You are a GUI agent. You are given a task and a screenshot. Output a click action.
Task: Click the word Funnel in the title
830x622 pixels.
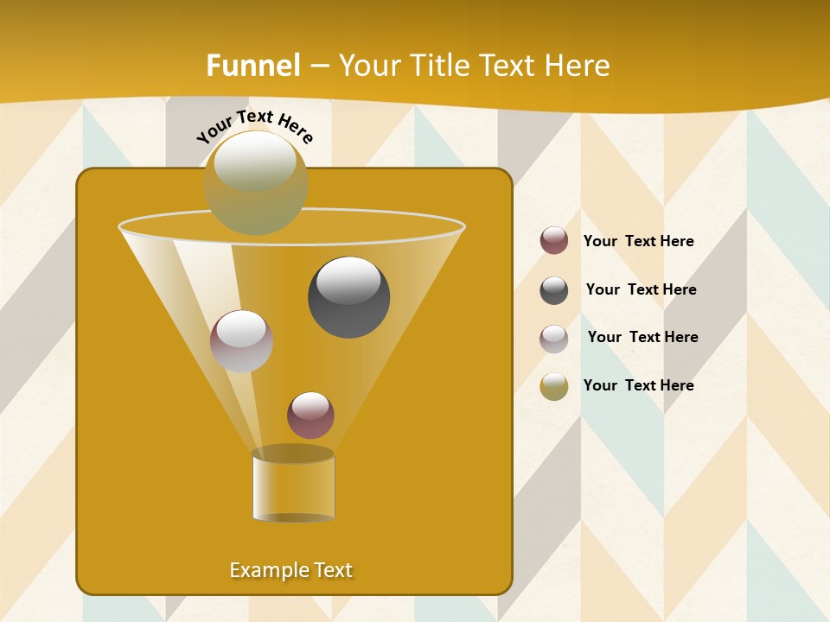click(253, 66)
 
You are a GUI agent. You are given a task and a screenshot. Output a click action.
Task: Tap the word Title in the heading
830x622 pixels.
click(439, 66)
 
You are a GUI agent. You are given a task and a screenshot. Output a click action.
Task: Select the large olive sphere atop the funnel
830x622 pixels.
click(256, 182)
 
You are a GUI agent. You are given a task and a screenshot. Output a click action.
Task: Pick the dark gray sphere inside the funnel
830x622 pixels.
click(348, 296)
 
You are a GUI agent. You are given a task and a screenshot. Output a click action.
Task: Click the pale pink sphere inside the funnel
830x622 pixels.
click(241, 340)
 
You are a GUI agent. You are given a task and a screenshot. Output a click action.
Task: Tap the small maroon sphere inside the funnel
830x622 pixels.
click(310, 415)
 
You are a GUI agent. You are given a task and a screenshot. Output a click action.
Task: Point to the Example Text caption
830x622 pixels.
click(291, 570)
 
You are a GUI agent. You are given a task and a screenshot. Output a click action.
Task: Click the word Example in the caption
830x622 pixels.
click(269, 570)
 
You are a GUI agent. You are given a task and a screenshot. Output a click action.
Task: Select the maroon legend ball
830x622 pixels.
click(554, 241)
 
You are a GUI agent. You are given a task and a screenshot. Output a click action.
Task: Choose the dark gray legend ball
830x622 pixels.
click(554, 290)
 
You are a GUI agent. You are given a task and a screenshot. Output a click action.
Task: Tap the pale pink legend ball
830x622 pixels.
click(554, 339)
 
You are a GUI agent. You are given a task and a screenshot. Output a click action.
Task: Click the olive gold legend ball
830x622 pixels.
click(554, 386)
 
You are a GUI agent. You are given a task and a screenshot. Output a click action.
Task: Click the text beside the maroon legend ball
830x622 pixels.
click(638, 241)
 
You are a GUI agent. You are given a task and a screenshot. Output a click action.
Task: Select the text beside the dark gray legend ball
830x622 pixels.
click(641, 289)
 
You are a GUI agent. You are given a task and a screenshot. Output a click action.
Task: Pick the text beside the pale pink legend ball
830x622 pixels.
click(642, 337)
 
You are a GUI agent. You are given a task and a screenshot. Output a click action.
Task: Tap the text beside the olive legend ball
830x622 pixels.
click(638, 385)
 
